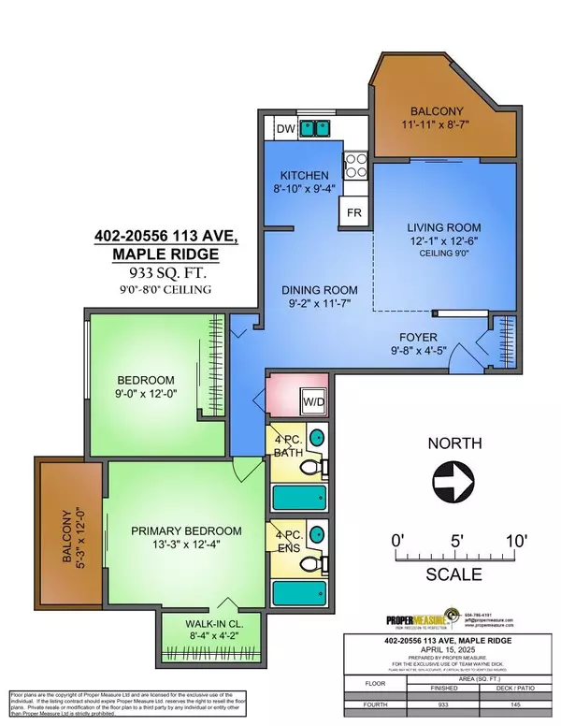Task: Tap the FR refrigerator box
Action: pyautogui.click(x=352, y=211)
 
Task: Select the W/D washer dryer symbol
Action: pyautogui.click(x=311, y=403)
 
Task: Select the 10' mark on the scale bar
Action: pyautogui.click(x=513, y=540)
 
